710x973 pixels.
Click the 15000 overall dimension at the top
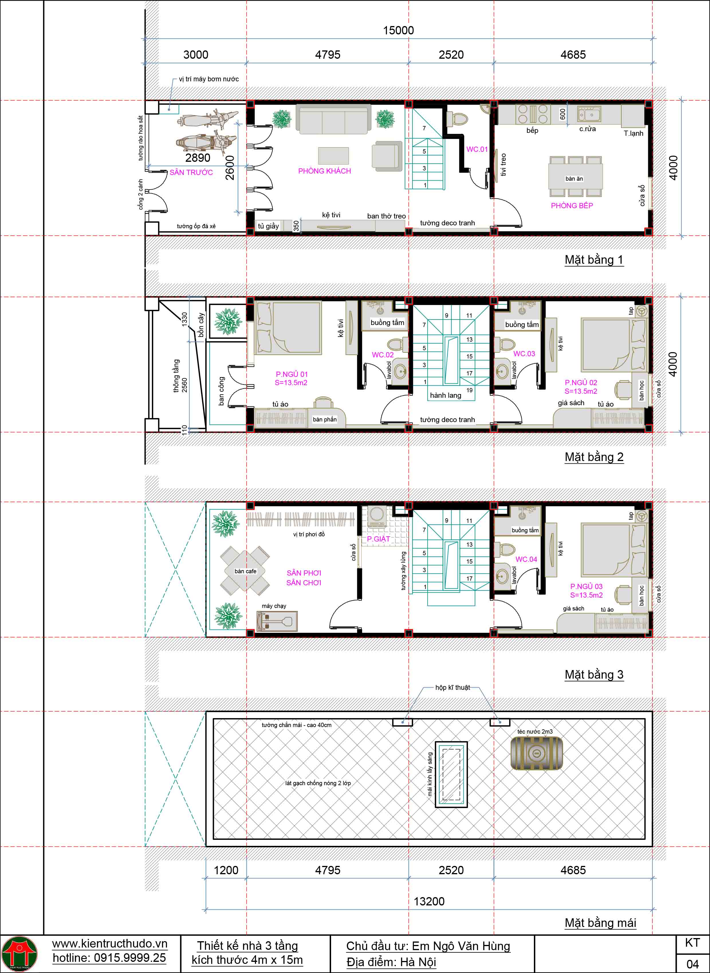[398, 31]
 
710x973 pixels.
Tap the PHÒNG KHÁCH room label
[324, 171]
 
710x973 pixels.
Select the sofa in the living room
[333, 119]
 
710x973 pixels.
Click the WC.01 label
[477, 149]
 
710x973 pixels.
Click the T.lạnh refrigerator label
[634, 133]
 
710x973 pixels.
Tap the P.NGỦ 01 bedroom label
[292, 374]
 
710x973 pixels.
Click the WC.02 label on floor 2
[383, 355]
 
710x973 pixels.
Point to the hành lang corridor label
[446, 395]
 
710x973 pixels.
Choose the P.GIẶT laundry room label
[379, 539]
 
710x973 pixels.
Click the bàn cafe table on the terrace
[245, 571]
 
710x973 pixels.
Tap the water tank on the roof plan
[536, 753]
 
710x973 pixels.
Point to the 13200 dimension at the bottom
[429, 901]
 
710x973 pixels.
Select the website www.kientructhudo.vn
[110, 943]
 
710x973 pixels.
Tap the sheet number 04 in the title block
[692, 964]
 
